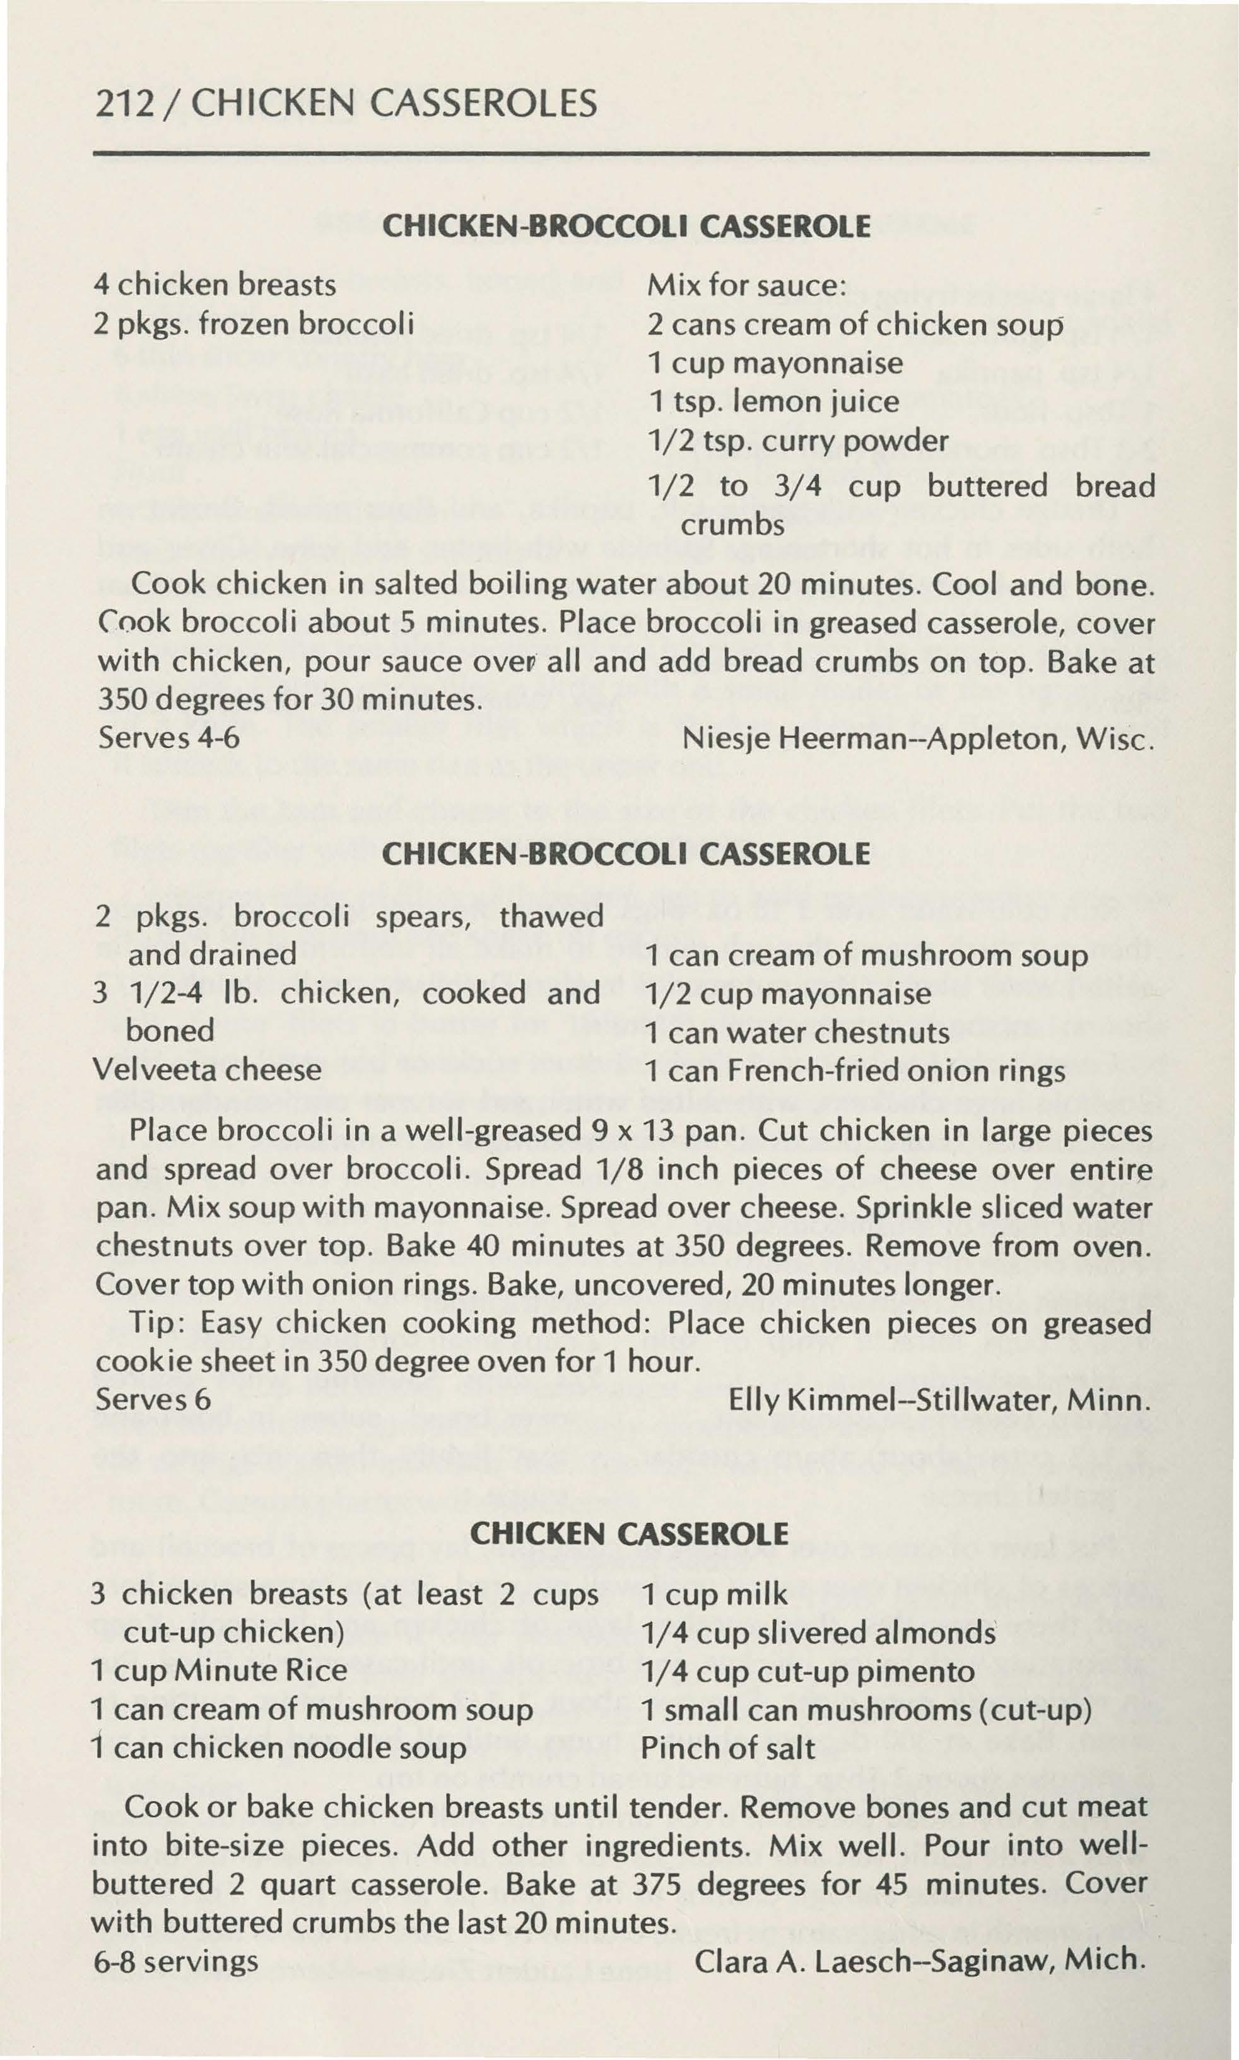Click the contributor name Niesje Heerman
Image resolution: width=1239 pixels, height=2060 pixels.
(773, 738)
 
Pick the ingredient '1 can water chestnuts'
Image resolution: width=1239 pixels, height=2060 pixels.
(797, 1033)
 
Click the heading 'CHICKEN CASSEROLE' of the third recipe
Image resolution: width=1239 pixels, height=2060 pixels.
(630, 1534)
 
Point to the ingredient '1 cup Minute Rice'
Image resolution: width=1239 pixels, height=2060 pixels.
(219, 1671)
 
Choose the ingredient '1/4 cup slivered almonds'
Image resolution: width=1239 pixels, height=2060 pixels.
(818, 1633)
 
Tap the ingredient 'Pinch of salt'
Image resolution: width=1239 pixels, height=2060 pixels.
(727, 1748)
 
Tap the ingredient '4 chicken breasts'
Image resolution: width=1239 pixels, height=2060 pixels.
(215, 285)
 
